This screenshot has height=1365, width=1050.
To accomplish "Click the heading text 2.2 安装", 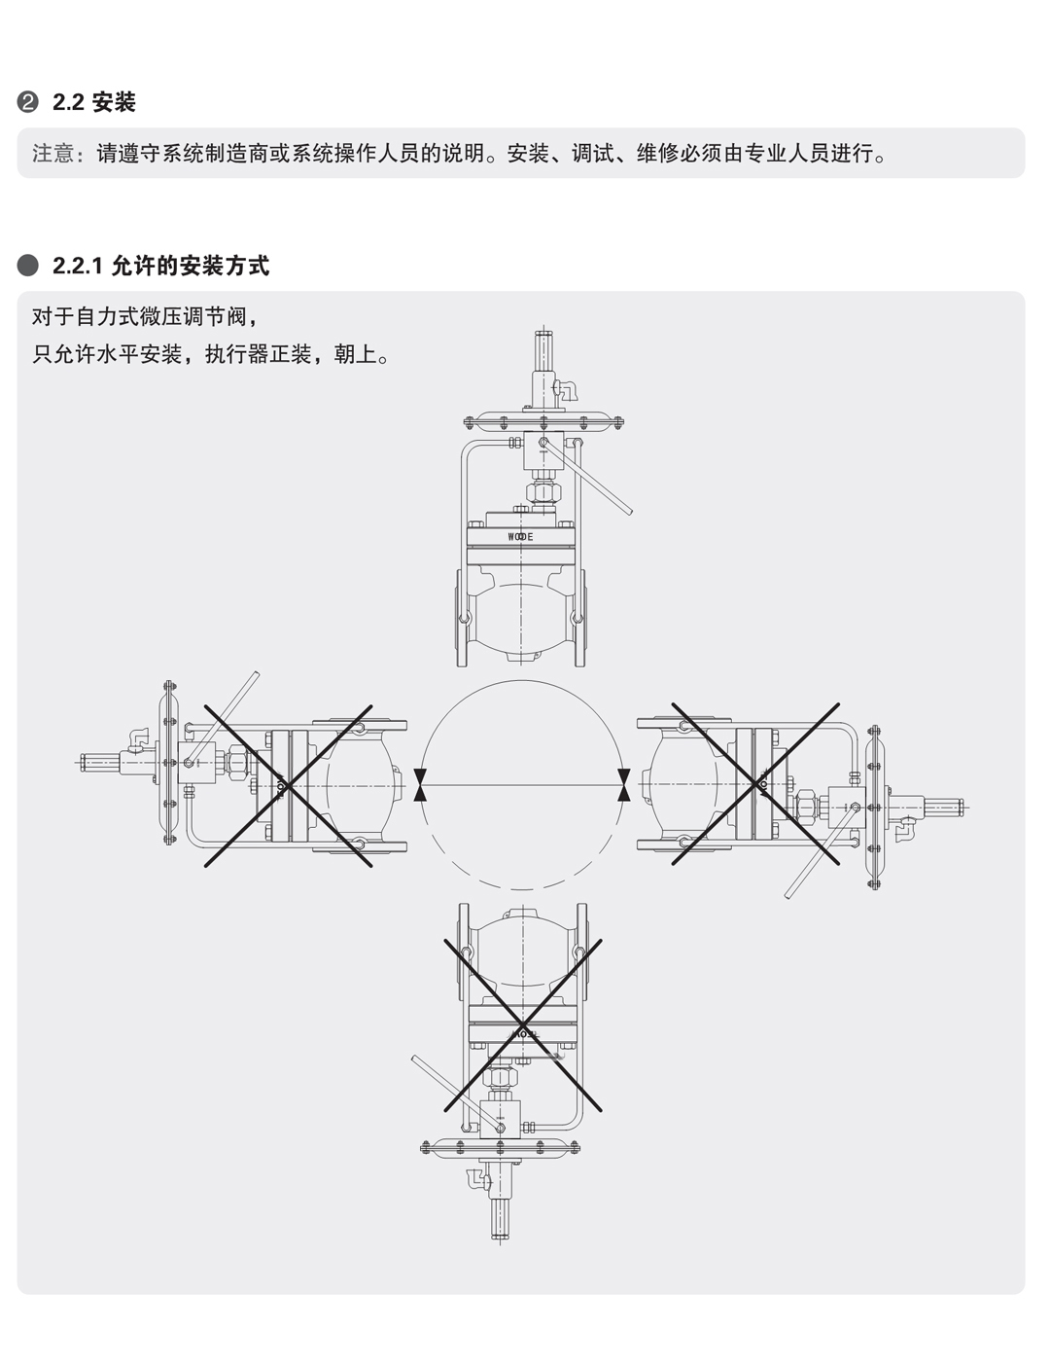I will click(x=94, y=102).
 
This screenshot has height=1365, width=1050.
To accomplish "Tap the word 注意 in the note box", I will click(x=52, y=154).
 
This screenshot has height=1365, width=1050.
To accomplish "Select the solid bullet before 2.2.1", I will click(x=29, y=266).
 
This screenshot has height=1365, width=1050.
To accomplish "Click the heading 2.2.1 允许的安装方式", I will click(x=160, y=266).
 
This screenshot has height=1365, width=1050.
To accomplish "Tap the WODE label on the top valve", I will click(x=521, y=536).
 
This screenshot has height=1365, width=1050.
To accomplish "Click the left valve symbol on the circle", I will click(x=420, y=784).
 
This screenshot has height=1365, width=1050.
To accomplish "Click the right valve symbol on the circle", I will click(x=623, y=784).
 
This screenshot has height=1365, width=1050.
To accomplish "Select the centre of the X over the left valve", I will click(x=288, y=784).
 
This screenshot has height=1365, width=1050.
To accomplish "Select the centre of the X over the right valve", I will click(x=756, y=784).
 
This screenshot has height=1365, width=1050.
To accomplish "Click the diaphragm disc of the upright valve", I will click(x=541, y=421).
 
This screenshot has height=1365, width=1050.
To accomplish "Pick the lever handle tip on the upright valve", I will click(x=629, y=512).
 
